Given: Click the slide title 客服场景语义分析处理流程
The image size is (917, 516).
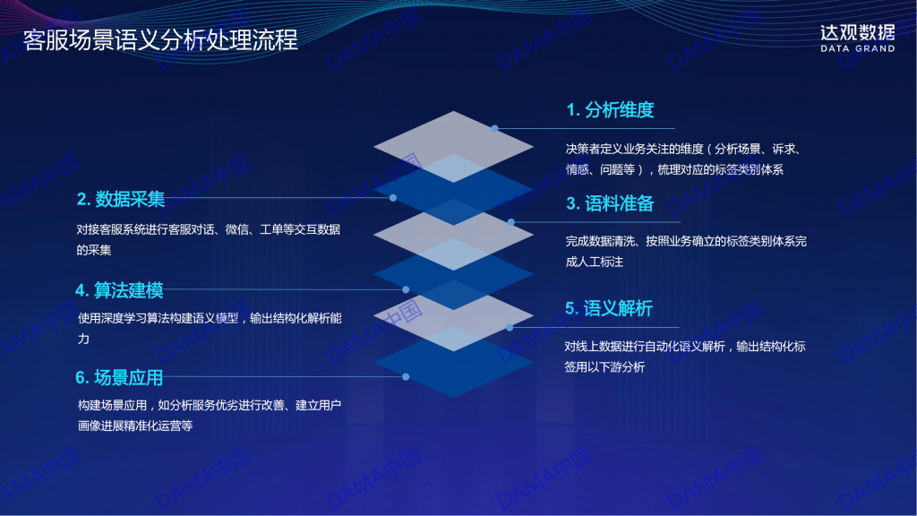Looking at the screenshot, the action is pos(160,39).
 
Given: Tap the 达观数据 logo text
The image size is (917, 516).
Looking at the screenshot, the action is pos(857,33).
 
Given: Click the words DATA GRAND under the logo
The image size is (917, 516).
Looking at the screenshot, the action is pos(857,48).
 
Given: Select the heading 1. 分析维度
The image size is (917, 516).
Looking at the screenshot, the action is pos(610,109).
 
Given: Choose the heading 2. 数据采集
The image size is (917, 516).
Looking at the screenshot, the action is pos(121,199).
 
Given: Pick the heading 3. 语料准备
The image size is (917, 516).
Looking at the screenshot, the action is pos(610,203).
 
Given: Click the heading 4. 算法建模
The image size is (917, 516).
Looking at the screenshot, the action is pos(119,289).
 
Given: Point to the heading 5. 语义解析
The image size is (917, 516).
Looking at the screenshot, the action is pos(609,308).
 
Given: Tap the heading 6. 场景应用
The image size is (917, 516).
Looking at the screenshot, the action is pos(119,377).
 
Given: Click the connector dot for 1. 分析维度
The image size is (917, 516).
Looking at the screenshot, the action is pos(494,128).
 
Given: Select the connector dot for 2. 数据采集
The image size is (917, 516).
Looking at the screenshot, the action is pos(393,198).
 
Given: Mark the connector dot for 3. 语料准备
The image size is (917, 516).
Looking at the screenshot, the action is pos(511,222).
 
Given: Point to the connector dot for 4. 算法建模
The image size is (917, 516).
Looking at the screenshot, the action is pos(406,289).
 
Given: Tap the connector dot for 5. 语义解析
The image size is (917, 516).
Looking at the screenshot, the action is pos(510,328).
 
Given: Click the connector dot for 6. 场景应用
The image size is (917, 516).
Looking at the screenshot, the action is pos(406,377).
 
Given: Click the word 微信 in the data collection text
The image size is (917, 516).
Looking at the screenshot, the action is pos(236,229).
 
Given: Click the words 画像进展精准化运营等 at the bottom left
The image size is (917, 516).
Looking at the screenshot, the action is pos(135,426).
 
